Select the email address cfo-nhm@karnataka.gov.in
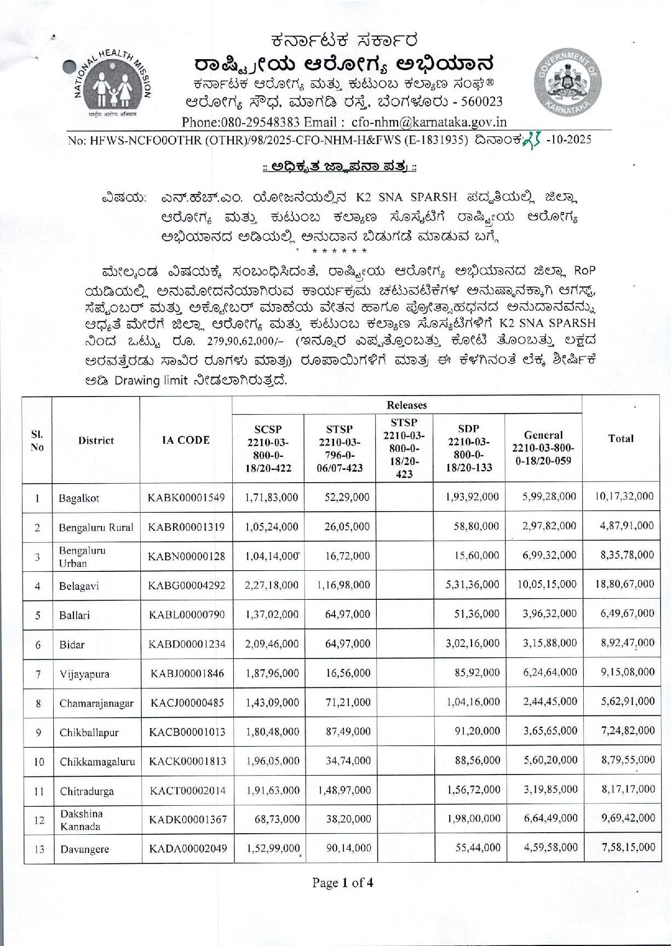(x=429, y=122)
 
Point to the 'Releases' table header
(x=406, y=405)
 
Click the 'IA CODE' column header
(x=186, y=440)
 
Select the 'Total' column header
(x=621, y=438)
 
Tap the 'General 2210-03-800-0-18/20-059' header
(x=543, y=448)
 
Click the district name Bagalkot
(x=79, y=498)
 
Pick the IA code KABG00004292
(x=186, y=585)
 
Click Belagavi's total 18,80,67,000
(x=624, y=584)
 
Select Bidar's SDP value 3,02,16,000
(x=472, y=643)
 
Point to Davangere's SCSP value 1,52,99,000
(x=272, y=847)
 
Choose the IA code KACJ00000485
(x=186, y=703)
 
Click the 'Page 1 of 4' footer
(x=342, y=882)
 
